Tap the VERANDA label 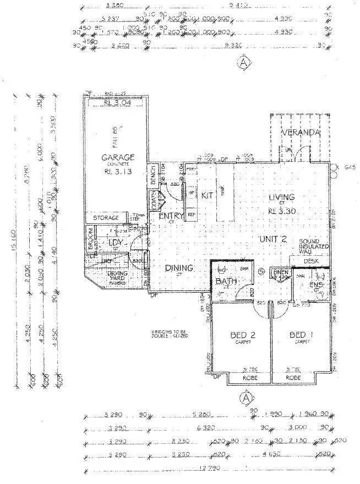tap(301, 133)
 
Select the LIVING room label tap(281, 197)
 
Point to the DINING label tap(179, 268)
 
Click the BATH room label tap(226, 282)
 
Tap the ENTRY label tap(171, 216)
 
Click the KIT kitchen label tap(207, 196)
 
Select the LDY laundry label tap(114, 243)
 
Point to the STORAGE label tap(106, 218)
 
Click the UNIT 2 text tap(273, 239)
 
